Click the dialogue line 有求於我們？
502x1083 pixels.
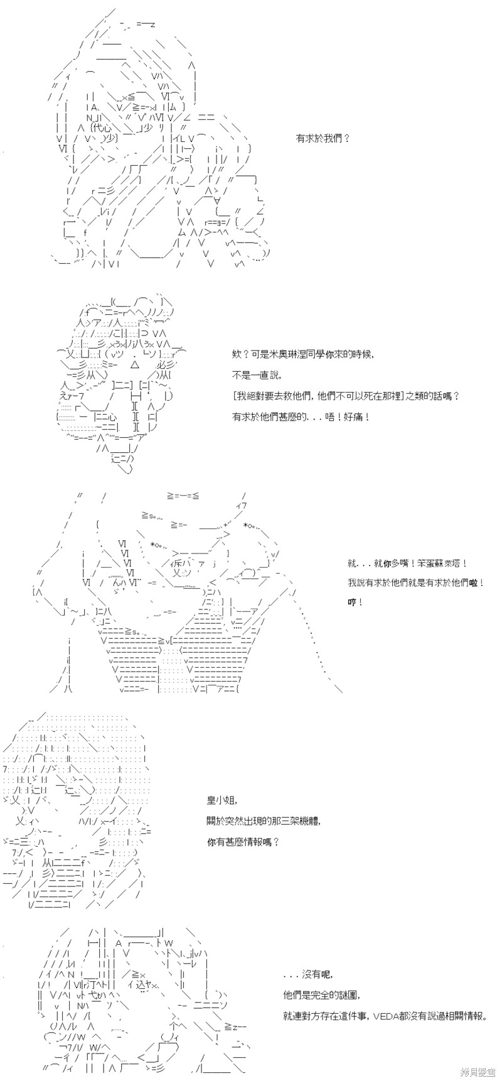click(323, 138)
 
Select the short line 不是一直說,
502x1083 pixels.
click(257, 375)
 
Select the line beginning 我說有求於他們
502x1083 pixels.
click(415, 583)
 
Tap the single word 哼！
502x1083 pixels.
click(355, 602)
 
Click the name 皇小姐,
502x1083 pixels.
click(223, 800)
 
